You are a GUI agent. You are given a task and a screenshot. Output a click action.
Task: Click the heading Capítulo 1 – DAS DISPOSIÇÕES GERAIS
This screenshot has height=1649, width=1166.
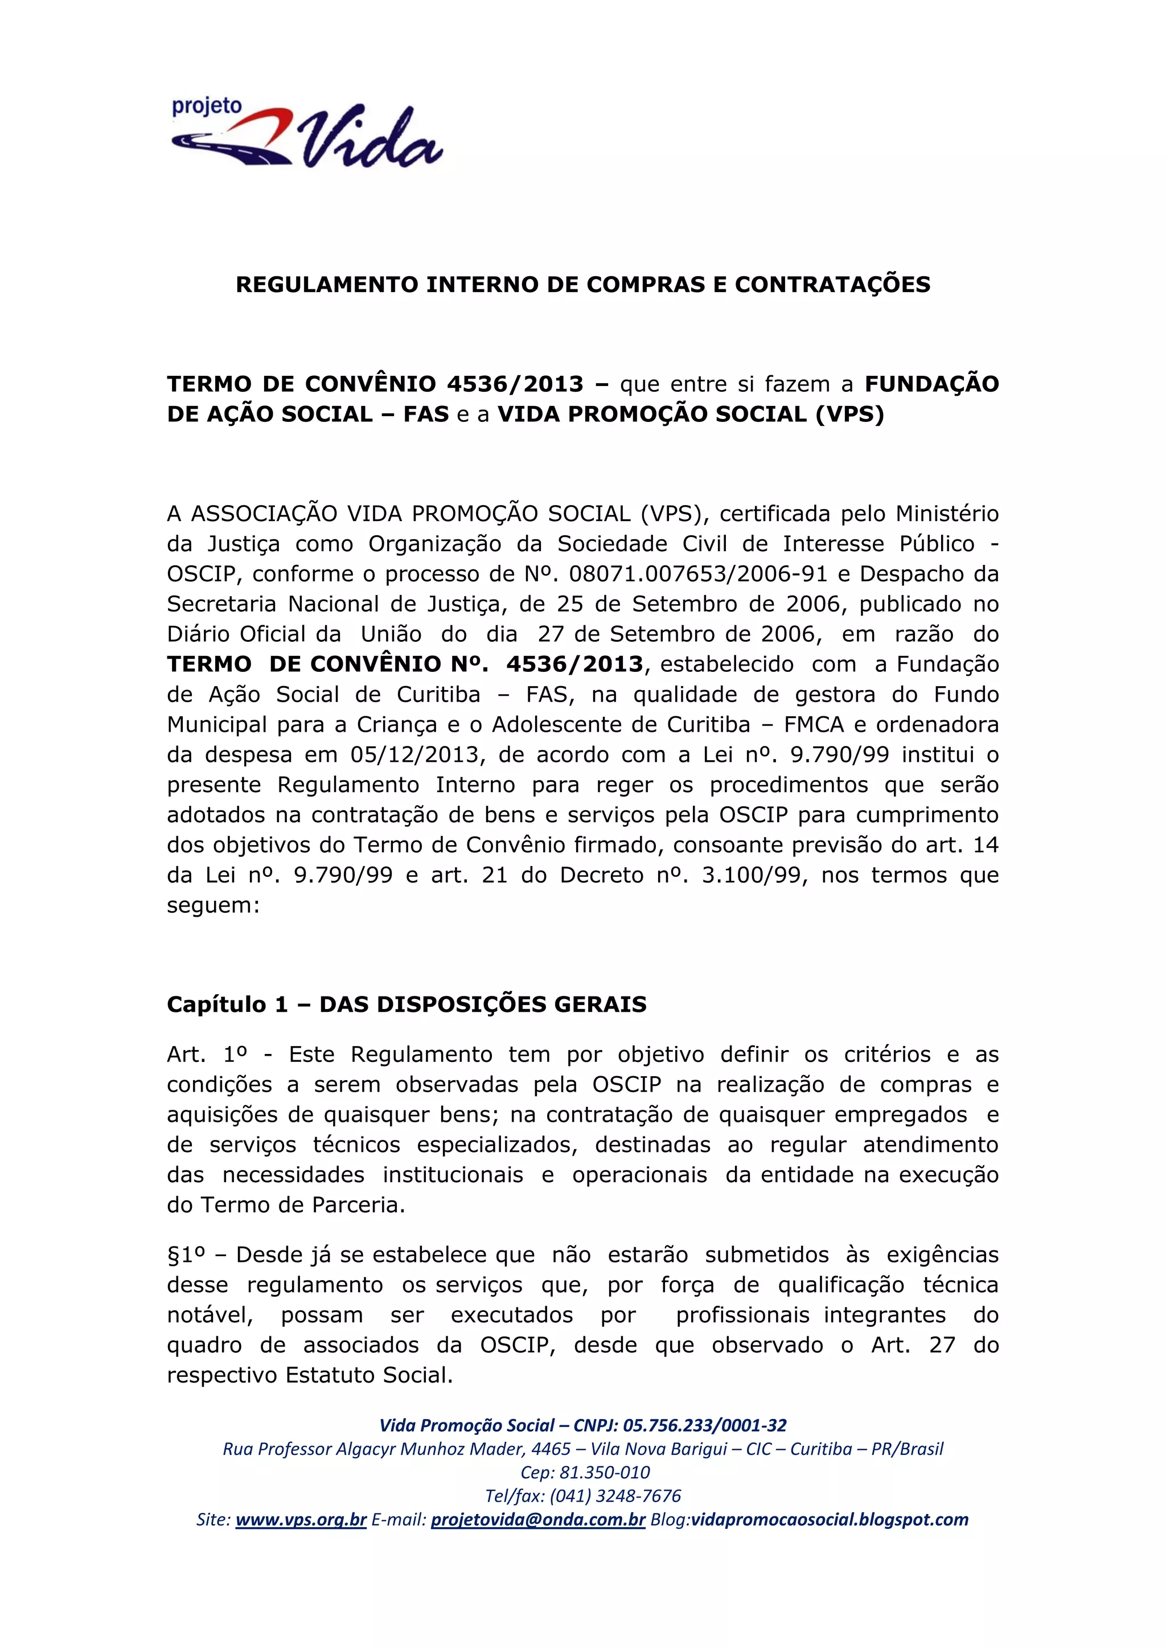[407, 1004]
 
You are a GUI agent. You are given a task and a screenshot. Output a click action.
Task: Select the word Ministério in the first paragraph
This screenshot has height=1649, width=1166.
[947, 514]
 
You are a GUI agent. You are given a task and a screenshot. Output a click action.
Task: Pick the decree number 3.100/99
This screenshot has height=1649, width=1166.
[751, 876]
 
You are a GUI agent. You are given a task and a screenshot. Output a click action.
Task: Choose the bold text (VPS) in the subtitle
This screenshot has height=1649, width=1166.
[849, 415]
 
